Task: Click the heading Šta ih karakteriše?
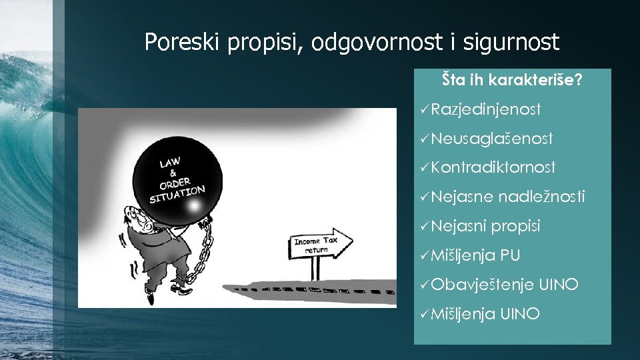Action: [x=512, y=81]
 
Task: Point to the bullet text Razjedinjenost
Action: [x=486, y=109]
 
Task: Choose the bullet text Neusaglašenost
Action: [x=492, y=139]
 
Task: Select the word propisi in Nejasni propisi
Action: [x=515, y=226]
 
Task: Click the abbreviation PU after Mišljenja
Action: [x=510, y=255]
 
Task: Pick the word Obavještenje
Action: [x=482, y=285]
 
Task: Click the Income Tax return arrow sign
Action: [x=321, y=245]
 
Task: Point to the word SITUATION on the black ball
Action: [x=177, y=194]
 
